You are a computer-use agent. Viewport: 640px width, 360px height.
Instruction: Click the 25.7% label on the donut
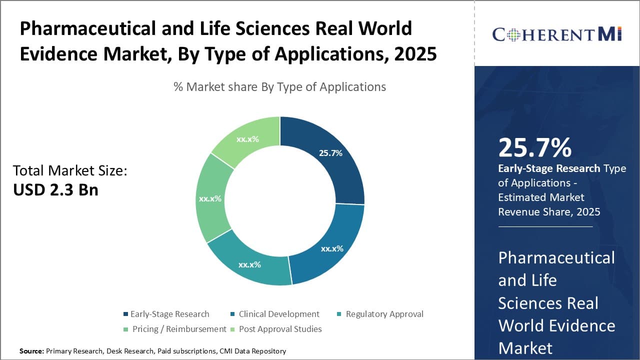pos(330,153)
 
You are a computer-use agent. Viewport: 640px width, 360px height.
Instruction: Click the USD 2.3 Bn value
pos(55,190)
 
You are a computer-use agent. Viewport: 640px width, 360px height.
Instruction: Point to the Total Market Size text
pos(70,171)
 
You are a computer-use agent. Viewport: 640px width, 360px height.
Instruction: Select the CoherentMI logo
pos(556,34)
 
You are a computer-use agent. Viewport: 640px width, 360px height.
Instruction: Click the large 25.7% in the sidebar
pos(534,147)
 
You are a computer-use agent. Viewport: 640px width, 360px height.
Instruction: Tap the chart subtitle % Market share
pos(279,87)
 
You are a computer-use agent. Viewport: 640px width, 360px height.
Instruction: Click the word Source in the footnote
pos(31,351)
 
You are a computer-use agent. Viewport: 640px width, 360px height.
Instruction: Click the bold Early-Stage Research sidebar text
pos(549,168)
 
